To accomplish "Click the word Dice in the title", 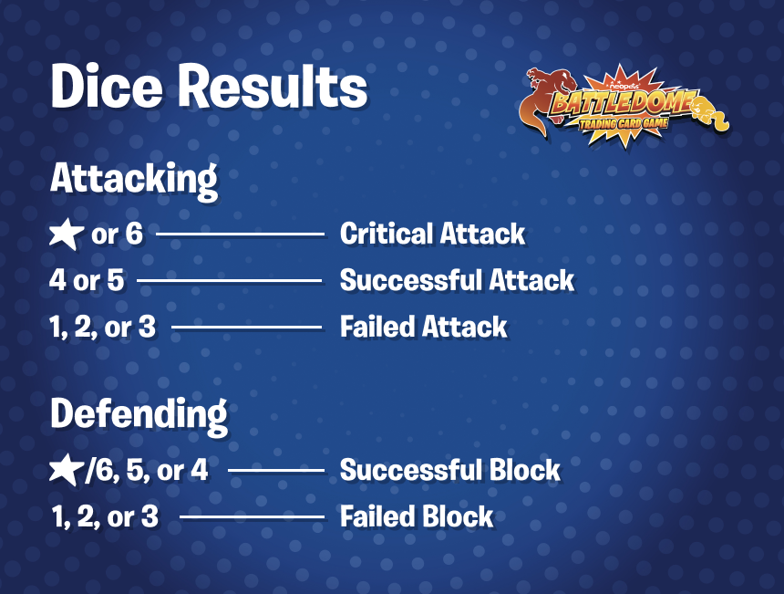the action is (x=107, y=86).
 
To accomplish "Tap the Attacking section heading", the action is (x=134, y=180).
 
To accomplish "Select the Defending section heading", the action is (x=139, y=416).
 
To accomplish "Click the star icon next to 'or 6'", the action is (x=67, y=234).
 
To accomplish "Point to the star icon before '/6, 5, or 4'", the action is (x=67, y=470).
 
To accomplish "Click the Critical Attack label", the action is (x=432, y=234).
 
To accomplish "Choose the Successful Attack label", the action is (x=457, y=280).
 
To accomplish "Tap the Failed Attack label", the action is (x=424, y=327).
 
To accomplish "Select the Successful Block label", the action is (x=450, y=470).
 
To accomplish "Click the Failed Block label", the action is (x=417, y=516).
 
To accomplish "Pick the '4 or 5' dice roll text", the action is (x=87, y=280).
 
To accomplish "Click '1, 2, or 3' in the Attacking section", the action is (x=102, y=327).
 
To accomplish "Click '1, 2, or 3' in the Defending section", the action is (x=105, y=516).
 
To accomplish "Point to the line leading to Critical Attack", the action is (x=241, y=234).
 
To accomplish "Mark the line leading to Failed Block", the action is (x=253, y=517).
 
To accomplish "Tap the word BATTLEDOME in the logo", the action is (x=624, y=102).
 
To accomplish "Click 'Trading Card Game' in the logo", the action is (x=624, y=123).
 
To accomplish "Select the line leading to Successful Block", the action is (x=276, y=471).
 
